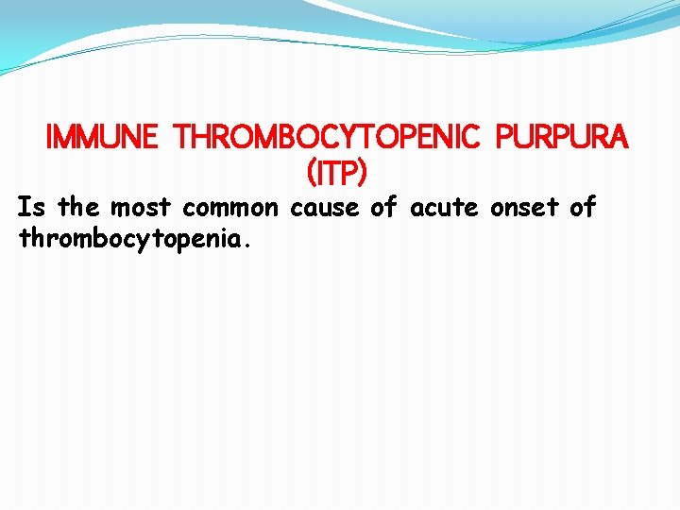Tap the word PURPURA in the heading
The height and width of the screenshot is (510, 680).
tap(563, 139)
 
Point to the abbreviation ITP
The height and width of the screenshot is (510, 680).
tap(337, 173)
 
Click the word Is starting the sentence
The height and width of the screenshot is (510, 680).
tap(31, 207)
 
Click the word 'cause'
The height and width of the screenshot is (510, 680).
tap(326, 207)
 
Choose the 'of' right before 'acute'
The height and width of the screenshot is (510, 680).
tap(382, 207)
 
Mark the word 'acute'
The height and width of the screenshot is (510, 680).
tap(442, 207)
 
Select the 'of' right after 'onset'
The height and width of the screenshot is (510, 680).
tap(583, 207)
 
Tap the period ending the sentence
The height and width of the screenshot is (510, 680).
tap(247, 244)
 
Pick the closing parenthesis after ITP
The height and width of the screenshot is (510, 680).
tap(362, 173)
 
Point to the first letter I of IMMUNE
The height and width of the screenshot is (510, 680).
tap(51, 139)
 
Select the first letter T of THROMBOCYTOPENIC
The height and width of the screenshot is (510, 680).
tap(183, 139)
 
